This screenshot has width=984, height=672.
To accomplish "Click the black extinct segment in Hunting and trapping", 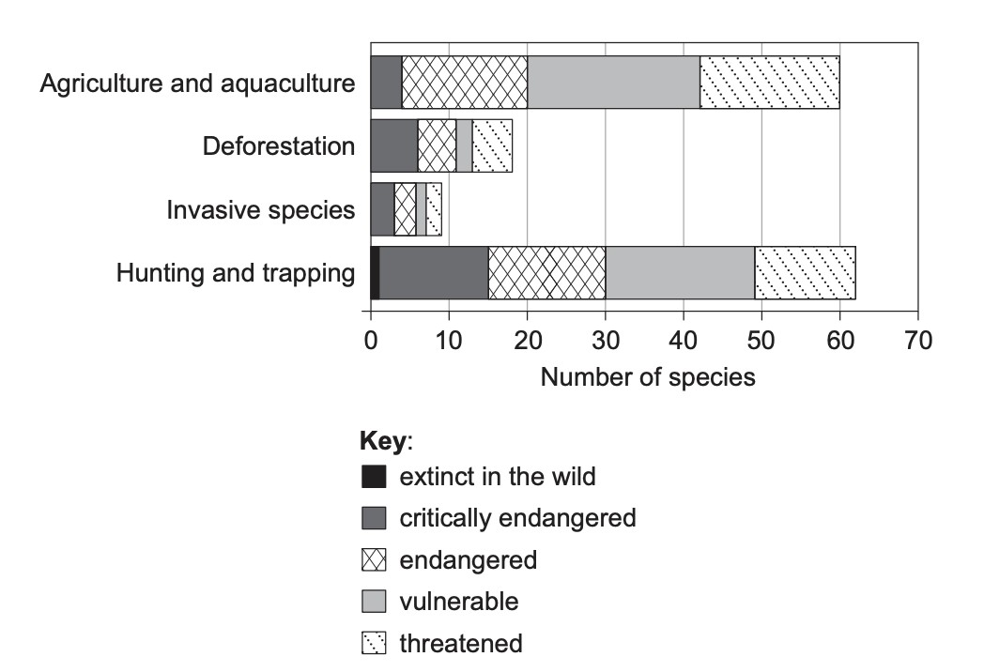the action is [376, 273].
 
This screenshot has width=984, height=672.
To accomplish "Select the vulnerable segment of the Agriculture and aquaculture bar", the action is [614, 83].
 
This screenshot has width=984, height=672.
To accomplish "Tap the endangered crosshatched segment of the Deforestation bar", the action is [437, 145].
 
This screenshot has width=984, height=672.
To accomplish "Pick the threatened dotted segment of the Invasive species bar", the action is [434, 209].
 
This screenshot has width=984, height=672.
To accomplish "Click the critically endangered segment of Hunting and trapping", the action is [434, 273].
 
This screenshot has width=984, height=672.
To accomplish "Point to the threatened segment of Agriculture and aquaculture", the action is [770, 83].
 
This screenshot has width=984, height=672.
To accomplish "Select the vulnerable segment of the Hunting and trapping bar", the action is [681, 273].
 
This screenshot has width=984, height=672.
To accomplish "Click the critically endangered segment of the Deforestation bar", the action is [394, 145].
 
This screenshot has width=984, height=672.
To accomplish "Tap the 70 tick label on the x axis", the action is [918, 341].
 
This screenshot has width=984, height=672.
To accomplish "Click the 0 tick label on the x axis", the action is [371, 341].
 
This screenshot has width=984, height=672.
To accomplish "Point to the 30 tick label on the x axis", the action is [606, 341].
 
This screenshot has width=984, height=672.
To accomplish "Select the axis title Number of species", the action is [648, 377].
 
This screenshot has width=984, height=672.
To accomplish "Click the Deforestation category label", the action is [279, 146].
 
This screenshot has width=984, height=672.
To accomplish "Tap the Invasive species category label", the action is [261, 209].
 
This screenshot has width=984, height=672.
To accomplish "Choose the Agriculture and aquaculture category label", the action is [198, 83].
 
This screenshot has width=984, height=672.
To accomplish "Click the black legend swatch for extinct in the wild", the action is [374, 476].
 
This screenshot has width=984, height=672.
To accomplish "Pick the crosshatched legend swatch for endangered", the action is [374, 559].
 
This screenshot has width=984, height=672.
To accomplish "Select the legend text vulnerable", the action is [459, 602].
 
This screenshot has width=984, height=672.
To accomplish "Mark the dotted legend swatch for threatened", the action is [374, 643].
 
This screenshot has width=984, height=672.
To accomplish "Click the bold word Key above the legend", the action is [383, 441].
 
